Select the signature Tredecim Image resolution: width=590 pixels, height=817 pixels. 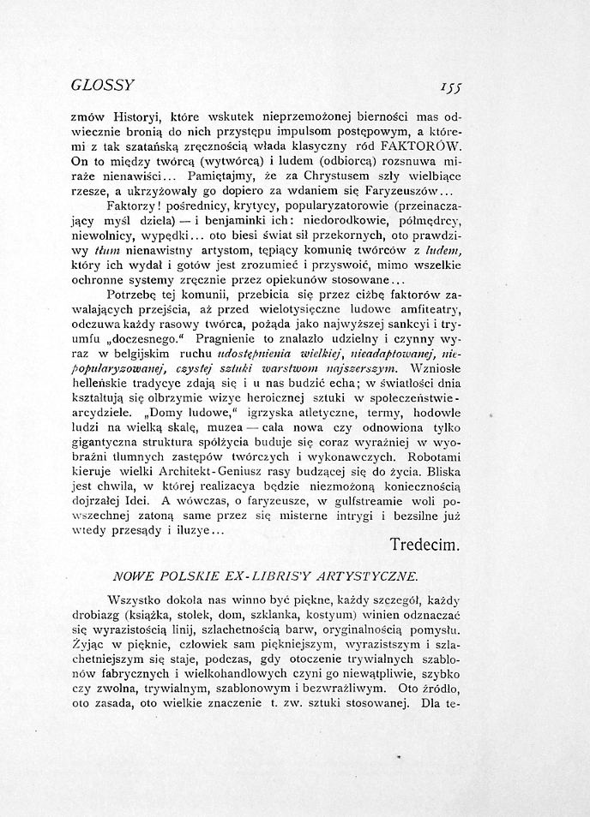tap(426, 544)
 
